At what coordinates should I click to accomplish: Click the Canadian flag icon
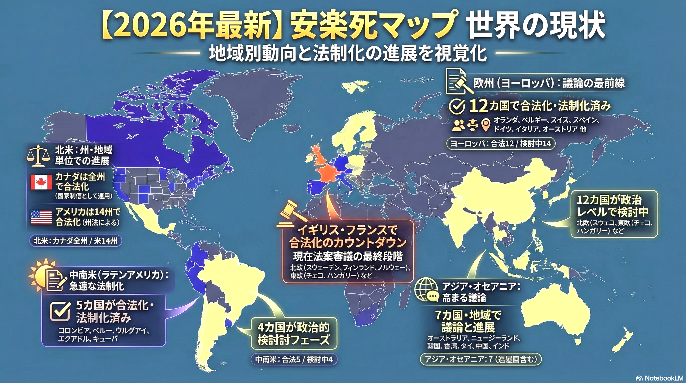41,182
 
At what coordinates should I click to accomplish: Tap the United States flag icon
41,217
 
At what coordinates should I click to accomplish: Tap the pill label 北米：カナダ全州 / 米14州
75,241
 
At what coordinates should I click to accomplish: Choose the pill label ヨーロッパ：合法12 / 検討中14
501,144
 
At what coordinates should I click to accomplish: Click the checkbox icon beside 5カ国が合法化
60,312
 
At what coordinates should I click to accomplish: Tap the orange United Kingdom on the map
318,156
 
